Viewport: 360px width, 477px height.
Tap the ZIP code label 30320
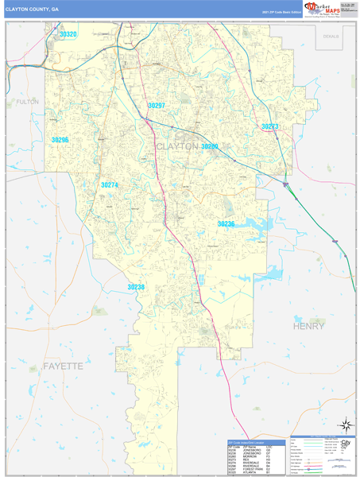pos(68,34)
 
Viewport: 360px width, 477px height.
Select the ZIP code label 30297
pos(157,106)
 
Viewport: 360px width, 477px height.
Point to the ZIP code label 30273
pos(270,126)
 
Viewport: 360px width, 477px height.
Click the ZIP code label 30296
pos(60,140)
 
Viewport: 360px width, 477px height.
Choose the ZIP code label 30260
pos(209,146)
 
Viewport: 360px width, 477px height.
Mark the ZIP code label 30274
pos(109,185)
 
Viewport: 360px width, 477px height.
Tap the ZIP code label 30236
pos(226,224)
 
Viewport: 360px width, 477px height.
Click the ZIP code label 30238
pos(136,287)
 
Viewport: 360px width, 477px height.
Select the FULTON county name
pos(27,102)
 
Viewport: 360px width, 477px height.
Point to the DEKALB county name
pos(331,37)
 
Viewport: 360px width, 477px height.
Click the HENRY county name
pos(309,326)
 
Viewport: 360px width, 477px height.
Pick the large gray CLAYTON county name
pos(177,147)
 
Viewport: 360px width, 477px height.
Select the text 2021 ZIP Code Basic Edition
pos(282,13)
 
